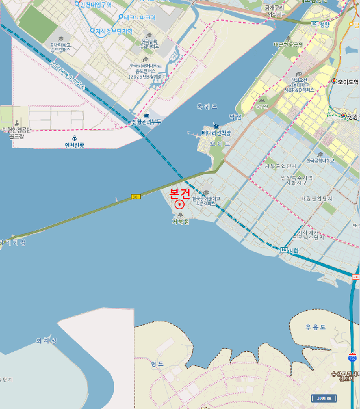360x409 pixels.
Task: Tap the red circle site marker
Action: click(x=179, y=204)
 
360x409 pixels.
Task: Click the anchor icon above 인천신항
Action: click(x=74, y=137)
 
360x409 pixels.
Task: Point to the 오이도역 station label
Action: click(x=347, y=82)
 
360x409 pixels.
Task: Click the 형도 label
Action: click(x=157, y=363)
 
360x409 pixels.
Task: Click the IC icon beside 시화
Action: click(x=283, y=250)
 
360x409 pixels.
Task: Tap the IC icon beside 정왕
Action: click(x=314, y=25)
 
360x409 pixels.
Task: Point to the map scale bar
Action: click(x=323, y=398)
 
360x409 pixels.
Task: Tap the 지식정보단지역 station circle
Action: click(x=92, y=30)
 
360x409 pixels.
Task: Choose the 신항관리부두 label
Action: click(x=146, y=122)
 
